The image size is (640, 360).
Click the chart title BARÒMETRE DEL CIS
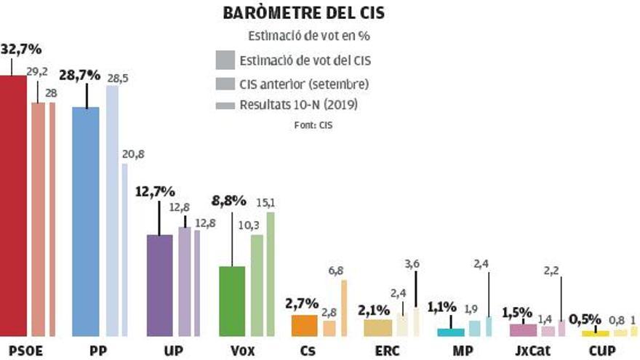[303, 13]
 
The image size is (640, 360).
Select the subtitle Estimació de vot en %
[310, 36]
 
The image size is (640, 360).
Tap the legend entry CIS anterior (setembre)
[303, 83]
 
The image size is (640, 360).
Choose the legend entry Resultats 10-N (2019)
[298, 105]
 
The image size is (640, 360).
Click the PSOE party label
[23, 351]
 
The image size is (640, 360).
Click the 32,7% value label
[22, 49]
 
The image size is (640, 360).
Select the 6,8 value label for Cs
[337, 271]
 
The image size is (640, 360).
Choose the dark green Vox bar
[232, 300]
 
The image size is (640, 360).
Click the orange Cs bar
[304, 325]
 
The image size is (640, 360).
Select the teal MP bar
[450, 332]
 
